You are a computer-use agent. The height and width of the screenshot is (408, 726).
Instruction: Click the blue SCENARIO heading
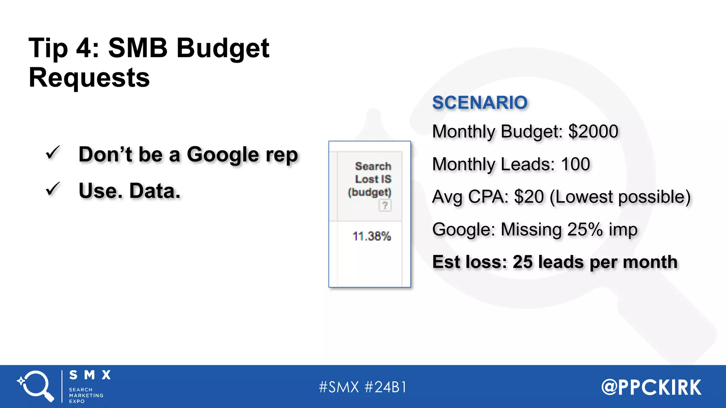pos(480,103)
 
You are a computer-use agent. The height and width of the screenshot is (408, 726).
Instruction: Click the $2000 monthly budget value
pos(593,131)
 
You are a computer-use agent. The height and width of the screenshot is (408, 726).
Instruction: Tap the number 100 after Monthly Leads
pos(575,164)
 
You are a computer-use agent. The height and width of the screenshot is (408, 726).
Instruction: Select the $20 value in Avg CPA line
pos(529,197)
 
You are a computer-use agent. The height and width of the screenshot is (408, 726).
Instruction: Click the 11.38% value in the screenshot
pos(372,236)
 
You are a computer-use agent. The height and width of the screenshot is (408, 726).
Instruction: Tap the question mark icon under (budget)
pos(385,205)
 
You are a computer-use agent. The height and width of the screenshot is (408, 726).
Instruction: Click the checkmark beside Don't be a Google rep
pos(53,153)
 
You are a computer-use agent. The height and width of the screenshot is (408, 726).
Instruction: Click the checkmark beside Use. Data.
pos(53,189)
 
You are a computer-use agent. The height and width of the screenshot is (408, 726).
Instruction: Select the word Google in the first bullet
pos(223,154)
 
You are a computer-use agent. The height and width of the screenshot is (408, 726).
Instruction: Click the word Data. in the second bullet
pos(155,191)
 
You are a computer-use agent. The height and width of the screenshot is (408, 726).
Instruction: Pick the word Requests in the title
pos(89,78)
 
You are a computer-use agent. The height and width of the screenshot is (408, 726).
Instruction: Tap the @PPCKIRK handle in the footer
pos(651,387)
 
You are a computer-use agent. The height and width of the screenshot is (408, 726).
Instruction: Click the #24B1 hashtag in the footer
pos(386,387)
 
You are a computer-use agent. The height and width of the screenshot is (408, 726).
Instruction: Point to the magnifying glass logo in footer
pos(35,386)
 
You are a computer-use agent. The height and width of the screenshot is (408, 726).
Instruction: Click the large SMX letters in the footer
pos(90,375)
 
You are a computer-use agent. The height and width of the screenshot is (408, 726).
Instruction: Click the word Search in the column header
pos(373,166)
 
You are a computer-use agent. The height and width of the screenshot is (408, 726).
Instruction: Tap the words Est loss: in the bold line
pos(470,262)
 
